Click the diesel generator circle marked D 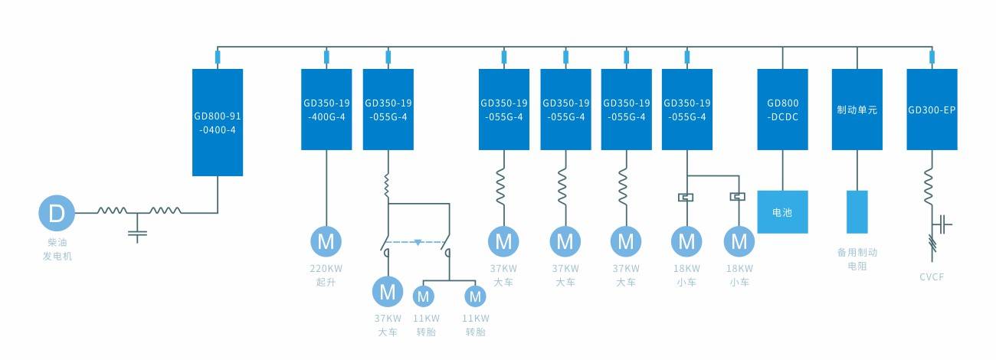57,212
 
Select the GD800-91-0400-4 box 217,123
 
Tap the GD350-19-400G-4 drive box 326,109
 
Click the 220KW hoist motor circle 326,241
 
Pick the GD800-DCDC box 782,109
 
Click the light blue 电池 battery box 782,211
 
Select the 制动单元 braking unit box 857,109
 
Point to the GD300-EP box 932,109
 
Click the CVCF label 932,277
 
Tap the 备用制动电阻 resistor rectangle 857,211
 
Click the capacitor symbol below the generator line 138,231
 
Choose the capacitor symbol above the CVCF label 945,224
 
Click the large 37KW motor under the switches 388,291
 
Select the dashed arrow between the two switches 418,242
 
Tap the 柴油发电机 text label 57,249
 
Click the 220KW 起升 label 326,275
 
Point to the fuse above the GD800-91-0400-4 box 217,57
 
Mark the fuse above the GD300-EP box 932,57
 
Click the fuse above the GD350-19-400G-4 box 326,57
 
